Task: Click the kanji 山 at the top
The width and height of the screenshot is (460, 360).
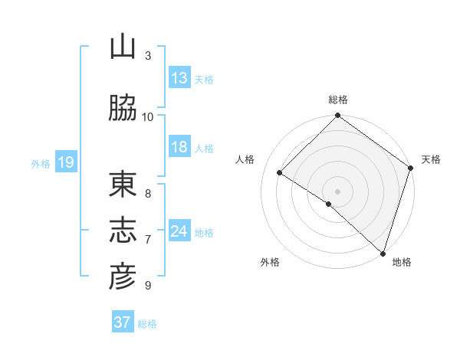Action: [123, 48]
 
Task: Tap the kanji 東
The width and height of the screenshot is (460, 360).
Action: [123, 185]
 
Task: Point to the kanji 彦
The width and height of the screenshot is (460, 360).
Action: [123, 277]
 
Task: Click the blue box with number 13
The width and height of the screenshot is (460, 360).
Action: [179, 78]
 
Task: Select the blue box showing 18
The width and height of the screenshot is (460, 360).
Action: [179, 148]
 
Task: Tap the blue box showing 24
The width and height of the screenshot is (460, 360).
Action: [179, 231]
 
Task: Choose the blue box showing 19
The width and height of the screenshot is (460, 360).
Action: [66, 162]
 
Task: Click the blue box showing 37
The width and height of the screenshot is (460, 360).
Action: [123, 322]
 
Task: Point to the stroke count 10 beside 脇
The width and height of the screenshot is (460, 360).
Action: [148, 116]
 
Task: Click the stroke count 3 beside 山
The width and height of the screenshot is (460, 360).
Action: [148, 56]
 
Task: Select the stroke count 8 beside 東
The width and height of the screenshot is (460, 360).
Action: [148, 194]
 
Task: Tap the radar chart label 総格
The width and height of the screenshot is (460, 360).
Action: [338, 100]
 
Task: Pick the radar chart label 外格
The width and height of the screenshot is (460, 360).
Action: [270, 263]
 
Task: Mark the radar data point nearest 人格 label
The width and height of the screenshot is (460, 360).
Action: [280, 172]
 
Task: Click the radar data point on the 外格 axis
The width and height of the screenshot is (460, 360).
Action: [329, 204]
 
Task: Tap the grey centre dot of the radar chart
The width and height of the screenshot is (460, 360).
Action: [338, 191]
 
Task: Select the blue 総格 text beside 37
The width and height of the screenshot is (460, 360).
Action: [147, 324]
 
